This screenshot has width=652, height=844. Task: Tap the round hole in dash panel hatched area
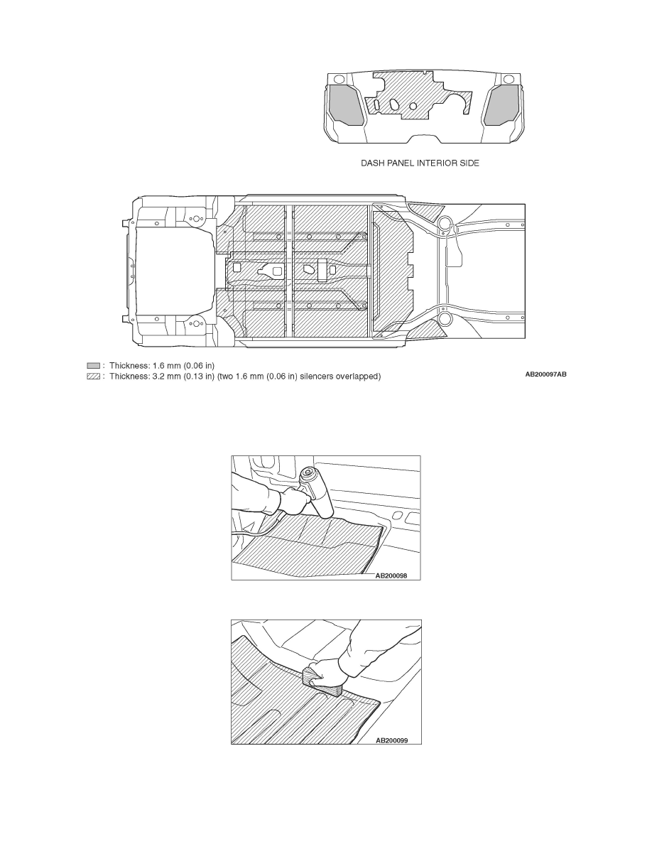click(413, 107)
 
